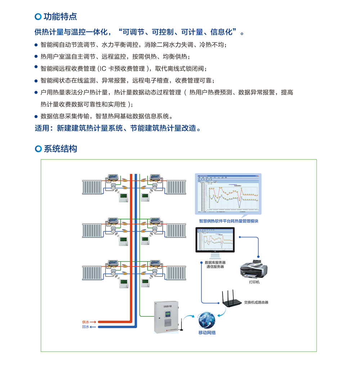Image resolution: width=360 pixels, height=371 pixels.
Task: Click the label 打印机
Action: click(254, 282)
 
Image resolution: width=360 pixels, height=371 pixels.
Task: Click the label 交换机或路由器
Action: click(256, 302)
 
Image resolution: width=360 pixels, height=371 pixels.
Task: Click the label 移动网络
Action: click(207, 333)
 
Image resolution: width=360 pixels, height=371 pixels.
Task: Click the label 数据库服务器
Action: click(215, 263)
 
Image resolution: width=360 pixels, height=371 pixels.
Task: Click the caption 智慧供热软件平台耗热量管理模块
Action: click(229, 221)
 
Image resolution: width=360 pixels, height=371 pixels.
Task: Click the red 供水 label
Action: click(85, 322)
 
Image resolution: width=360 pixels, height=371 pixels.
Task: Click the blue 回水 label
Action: click(85, 327)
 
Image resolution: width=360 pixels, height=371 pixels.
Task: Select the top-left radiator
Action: click(92, 187)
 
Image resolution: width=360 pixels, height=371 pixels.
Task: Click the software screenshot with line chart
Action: click(228, 194)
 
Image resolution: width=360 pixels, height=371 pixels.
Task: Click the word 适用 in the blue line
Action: click(42, 128)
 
